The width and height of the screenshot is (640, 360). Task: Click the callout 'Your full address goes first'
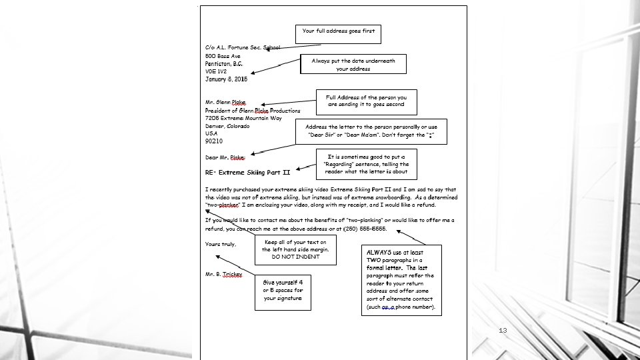pos(339,31)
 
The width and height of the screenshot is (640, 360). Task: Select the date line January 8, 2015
pos(226,79)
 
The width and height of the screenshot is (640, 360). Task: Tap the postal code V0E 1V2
pos(216,71)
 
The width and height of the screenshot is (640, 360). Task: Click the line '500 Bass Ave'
pos(223,56)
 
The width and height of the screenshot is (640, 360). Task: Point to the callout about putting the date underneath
pos(353,65)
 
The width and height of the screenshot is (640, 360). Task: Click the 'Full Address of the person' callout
pos(365,101)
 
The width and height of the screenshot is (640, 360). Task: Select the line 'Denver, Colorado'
pos(227,126)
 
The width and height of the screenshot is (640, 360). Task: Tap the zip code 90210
pos(214,141)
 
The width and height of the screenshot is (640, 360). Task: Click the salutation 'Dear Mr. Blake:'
pos(225,158)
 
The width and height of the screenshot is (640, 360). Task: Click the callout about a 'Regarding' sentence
pos(367,164)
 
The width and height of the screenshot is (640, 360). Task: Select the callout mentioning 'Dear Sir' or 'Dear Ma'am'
pos(371,131)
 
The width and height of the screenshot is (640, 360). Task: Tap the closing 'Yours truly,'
pos(221,244)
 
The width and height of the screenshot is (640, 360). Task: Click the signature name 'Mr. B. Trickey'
pos(224,275)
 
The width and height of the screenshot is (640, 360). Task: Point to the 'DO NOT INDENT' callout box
pos(292,249)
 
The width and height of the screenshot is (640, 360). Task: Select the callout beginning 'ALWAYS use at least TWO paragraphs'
pos(401,280)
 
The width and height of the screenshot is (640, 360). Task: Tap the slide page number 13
pos(503,330)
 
